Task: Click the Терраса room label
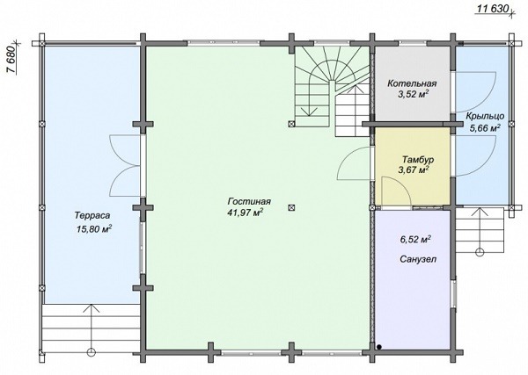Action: click(x=92, y=216)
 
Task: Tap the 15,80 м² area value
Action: click(x=94, y=229)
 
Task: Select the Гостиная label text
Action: click(x=249, y=202)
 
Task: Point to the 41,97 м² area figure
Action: click(x=246, y=213)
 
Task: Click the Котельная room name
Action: click(x=412, y=83)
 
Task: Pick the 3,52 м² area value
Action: click(x=414, y=95)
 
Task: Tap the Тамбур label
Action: click(x=418, y=159)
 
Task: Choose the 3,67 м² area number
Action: click(x=414, y=170)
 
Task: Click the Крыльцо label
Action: click(x=485, y=116)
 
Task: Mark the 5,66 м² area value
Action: click(x=485, y=127)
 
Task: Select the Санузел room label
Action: click(x=418, y=259)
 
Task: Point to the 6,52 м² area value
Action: click(x=415, y=240)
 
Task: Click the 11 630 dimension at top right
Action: click(x=493, y=9)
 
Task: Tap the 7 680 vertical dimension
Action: click(x=11, y=59)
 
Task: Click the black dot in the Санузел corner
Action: click(x=379, y=347)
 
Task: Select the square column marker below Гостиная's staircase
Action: click(x=291, y=124)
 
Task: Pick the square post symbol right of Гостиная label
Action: click(x=291, y=207)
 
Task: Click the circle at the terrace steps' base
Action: click(x=92, y=352)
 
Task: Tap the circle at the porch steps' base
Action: click(x=480, y=252)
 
